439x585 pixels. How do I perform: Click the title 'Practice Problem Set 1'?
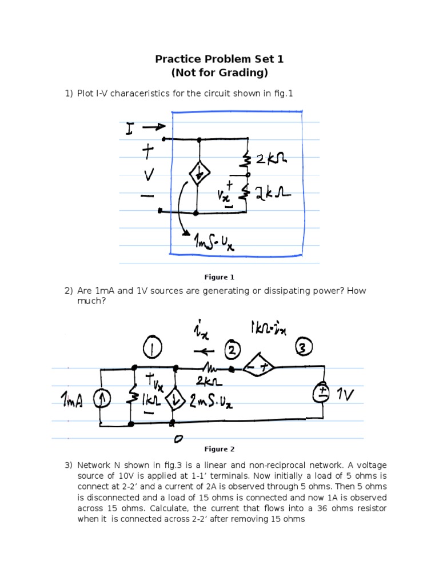pyautogui.click(x=219, y=59)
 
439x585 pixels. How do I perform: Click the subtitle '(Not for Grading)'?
pyautogui.click(x=219, y=73)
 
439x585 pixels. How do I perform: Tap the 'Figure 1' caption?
pyautogui.click(x=220, y=278)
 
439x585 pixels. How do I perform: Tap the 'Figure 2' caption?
pyautogui.click(x=220, y=449)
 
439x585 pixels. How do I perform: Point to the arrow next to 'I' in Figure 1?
pyautogui.click(x=153, y=127)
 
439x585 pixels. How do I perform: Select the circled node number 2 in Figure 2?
pyautogui.click(x=234, y=349)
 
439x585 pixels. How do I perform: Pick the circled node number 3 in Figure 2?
pyautogui.click(x=304, y=347)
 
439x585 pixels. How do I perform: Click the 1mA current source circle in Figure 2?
pyautogui.click(x=101, y=399)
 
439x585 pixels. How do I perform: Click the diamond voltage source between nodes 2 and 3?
pyautogui.click(x=257, y=369)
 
